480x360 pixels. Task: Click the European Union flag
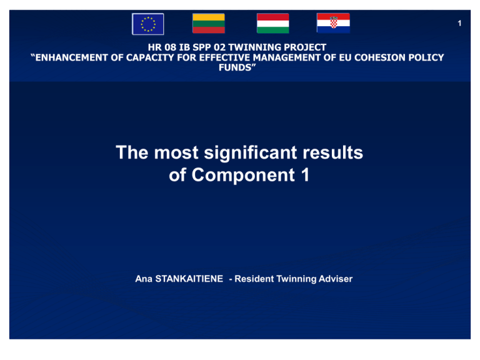148,24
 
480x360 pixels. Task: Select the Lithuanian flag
209,23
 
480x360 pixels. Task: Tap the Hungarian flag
272,23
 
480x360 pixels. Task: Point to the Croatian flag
333,23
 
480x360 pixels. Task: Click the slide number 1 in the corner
459,23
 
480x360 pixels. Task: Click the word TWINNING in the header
255,47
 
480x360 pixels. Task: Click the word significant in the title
251,153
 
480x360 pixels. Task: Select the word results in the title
332,152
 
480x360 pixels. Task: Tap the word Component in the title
243,176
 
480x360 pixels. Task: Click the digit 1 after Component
305,175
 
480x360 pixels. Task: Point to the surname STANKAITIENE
189,279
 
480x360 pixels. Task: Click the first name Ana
144,279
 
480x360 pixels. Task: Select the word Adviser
336,279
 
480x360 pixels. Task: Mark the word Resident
254,279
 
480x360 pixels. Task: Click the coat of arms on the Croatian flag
333,22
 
